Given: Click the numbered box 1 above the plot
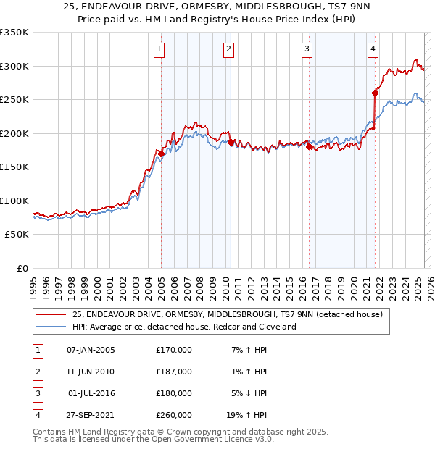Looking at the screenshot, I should pos(159,49).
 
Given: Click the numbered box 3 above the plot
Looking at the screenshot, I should pos(307,49).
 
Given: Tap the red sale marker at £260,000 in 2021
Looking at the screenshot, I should pos(375,93).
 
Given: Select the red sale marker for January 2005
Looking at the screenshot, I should pos(161,154).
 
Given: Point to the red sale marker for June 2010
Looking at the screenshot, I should pos(231,142).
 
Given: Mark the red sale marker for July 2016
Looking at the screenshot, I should pos(309,147).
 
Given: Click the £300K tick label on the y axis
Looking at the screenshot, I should pos(14,66).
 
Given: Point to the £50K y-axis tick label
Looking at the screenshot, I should pos(17,235).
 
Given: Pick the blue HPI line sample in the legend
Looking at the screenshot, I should pos(51,327).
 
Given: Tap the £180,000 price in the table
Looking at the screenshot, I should pos(174,393).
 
